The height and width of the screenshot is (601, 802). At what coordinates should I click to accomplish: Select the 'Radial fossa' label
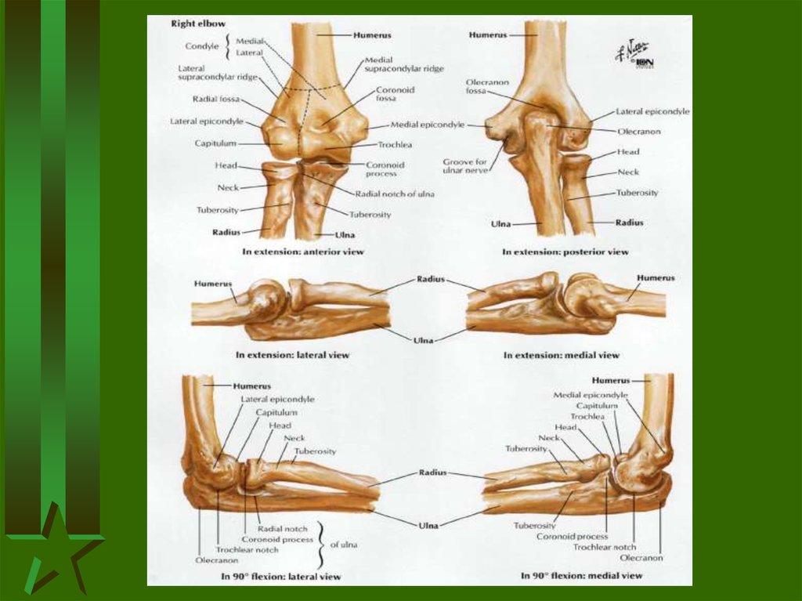pos(215,100)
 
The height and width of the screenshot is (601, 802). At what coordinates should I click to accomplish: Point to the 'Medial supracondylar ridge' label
pos(404,64)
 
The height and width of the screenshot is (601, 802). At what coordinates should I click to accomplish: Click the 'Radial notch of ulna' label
pos(395,194)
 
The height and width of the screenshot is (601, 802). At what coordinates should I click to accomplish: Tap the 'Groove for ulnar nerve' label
pos(464,166)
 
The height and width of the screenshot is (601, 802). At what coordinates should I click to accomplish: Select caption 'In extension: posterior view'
pos(565,252)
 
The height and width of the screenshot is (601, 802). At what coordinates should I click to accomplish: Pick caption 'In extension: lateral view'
pos(292,355)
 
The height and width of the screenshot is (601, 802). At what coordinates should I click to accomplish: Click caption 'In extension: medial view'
pos(562,355)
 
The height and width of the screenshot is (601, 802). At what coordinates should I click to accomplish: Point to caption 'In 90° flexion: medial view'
pos(582,576)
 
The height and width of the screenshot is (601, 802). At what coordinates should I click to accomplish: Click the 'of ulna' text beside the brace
pos(343,545)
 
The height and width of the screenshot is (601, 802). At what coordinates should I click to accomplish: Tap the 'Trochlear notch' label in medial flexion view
pos(605,547)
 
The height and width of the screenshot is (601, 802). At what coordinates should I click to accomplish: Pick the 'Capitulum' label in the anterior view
pos(215,143)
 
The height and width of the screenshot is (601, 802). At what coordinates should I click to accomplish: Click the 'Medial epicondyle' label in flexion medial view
pos(591,395)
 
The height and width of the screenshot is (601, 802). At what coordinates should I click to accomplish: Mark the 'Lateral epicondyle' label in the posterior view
pos(652,111)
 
